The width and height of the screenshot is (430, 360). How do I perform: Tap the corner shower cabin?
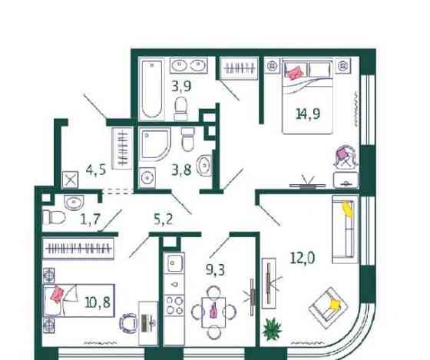[157, 150]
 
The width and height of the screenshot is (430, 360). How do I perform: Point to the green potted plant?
[273, 330]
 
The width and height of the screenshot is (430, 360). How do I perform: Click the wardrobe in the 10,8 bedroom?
[78, 249]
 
